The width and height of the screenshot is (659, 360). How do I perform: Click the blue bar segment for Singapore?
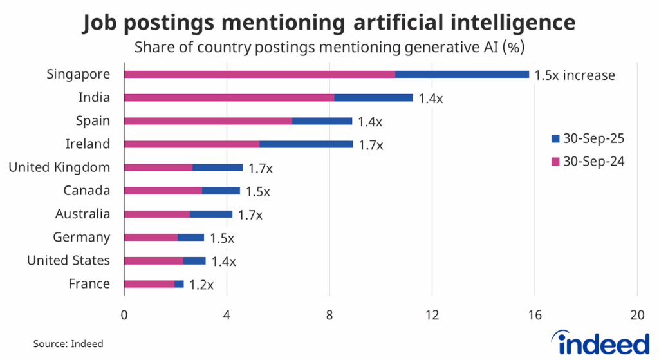(x=462, y=75)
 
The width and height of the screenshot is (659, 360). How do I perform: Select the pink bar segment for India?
(x=228, y=98)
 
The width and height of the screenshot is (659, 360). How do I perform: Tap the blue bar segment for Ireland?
(x=306, y=144)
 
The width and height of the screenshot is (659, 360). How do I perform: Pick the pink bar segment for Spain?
(x=208, y=121)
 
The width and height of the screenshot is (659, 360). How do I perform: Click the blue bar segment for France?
(x=179, y=284)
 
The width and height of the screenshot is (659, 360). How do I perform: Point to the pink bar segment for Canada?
(x=163, y=191)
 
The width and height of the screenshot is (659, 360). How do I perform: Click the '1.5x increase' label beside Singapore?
(x=575, y=75)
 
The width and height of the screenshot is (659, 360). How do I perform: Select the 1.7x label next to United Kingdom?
(x=261, y=168)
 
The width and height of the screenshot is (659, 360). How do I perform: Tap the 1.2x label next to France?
(x=201, y=285)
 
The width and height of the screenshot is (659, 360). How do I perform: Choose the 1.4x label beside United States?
(x=223, y=261)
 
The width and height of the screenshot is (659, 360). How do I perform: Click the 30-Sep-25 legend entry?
(x=587, y=138)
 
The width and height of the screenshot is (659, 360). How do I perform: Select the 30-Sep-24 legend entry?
(x=587, y=162)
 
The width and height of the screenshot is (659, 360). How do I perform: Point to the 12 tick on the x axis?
(x=432, y=316)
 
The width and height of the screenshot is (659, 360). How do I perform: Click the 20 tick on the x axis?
(x=637, y=316)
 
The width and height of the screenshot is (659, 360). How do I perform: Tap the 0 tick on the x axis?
(x=124, y=316)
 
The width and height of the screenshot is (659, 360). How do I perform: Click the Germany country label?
(x=81, y=238)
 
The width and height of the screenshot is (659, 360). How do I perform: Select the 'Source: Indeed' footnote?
(x=68, y=344)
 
